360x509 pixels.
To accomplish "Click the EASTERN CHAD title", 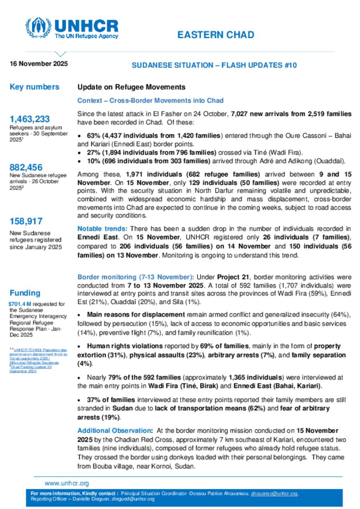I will click(216, 35).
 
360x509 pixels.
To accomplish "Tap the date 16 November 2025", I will click(39, 64).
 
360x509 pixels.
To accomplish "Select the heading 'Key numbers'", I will click(34, 87).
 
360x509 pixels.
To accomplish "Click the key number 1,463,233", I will click(30, 119).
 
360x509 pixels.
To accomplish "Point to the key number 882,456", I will click(26, 168).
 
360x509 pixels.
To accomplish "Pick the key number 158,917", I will click(26, 221).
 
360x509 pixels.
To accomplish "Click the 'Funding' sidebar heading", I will click(25, 293).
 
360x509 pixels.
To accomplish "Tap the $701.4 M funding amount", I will click(20, 304).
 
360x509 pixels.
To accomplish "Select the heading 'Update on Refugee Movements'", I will click(131, 87).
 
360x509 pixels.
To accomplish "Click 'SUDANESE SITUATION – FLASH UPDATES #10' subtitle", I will click(214, 65).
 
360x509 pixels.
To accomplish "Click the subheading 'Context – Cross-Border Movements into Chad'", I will click(150, 100).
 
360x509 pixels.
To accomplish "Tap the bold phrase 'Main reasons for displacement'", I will click(136, 315).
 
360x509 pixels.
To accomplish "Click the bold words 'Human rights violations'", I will click(125, 346).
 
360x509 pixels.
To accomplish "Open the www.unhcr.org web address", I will click(66, 483).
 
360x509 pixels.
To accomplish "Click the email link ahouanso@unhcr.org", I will click(274, 494).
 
